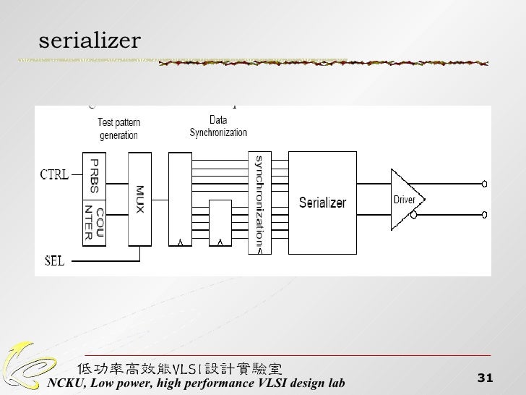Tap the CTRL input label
coord(54,174)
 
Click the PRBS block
coord(94,175)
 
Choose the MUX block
coord(139,199)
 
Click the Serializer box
coord(322,202)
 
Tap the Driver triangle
coord(405,198)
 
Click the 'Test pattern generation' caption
coord(118,129)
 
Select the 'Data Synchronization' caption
coord(218,127)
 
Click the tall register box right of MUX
coord(180,199)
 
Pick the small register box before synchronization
coord(219,223)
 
